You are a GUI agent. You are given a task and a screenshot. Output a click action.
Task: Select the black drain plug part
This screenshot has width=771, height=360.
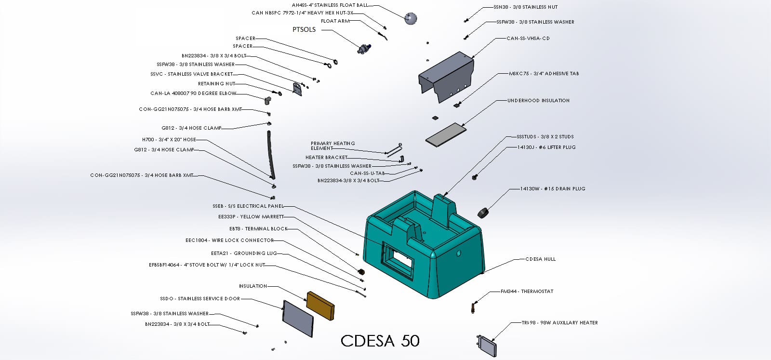pos(483,212)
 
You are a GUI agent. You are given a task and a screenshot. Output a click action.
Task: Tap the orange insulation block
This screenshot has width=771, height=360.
pos(320,305)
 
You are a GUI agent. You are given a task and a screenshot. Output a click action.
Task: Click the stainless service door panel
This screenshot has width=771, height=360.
pos(298,319)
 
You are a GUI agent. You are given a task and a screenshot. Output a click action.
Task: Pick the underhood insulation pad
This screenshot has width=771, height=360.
pos(446,133)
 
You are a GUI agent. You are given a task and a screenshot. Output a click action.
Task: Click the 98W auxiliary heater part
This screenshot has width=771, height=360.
pos(486,346)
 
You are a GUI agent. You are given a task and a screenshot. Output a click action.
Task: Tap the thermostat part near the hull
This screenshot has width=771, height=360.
pos(475,307)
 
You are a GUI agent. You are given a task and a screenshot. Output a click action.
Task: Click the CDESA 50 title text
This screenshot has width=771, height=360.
pos(380,341)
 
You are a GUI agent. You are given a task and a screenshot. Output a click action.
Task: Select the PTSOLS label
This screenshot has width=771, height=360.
pos(304,29)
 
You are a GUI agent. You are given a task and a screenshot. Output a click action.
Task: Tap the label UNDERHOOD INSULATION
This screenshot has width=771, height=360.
pos(538,101)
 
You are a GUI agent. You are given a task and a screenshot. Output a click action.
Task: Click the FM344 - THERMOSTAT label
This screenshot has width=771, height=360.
pos(527,292)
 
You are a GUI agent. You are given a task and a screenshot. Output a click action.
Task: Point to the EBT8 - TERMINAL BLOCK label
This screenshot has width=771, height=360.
pos(258,229)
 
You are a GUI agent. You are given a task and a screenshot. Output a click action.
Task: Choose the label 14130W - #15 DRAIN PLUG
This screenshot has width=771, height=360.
pos(553,189)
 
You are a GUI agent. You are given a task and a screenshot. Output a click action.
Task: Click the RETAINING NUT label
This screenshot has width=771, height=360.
pos(217,84)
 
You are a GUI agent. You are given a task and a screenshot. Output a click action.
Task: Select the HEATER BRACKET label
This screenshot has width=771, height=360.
pos(326,158)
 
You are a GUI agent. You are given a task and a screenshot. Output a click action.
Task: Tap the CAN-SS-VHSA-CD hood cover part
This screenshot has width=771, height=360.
pos(446,76)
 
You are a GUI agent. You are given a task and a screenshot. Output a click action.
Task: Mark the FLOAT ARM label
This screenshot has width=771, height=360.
pos(335,21)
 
